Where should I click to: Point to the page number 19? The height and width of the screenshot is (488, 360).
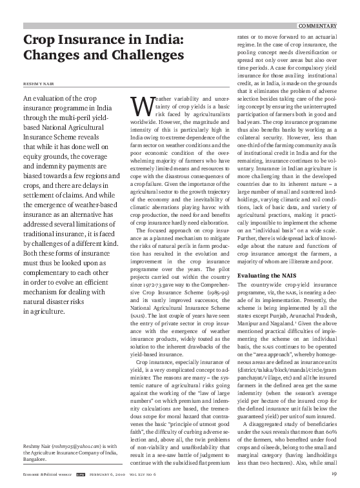pos(335,475)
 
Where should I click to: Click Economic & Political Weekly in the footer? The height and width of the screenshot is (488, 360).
pos(43,475)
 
